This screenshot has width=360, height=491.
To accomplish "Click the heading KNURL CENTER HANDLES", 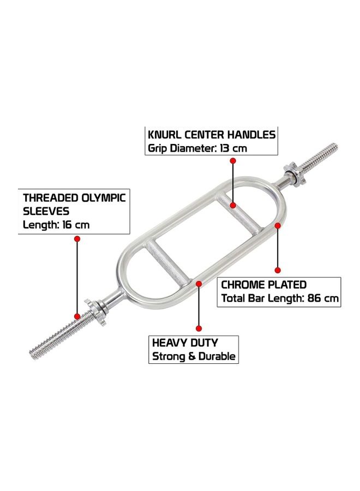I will click(212, 134).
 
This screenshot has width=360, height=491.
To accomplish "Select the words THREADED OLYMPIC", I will click(74, 197).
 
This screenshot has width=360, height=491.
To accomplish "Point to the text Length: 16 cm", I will click(56, 224).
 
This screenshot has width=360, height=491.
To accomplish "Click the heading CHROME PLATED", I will click(264, 284).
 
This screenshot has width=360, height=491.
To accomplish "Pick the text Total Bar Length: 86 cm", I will click(280, 298).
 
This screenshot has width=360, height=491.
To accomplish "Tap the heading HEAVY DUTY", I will click(185, 343).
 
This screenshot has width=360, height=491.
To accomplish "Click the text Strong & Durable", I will click(194, 357).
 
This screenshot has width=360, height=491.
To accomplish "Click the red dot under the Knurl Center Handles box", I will click(233, 161).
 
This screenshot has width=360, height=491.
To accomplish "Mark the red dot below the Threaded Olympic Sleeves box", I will click(77, 239).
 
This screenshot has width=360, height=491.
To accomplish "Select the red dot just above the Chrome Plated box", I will click(277, 270).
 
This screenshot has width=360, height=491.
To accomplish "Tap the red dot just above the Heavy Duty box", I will click(199, 328).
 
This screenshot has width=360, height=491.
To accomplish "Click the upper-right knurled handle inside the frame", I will click(234, 215).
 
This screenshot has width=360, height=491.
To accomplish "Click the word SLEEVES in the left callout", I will click(45, 211).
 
